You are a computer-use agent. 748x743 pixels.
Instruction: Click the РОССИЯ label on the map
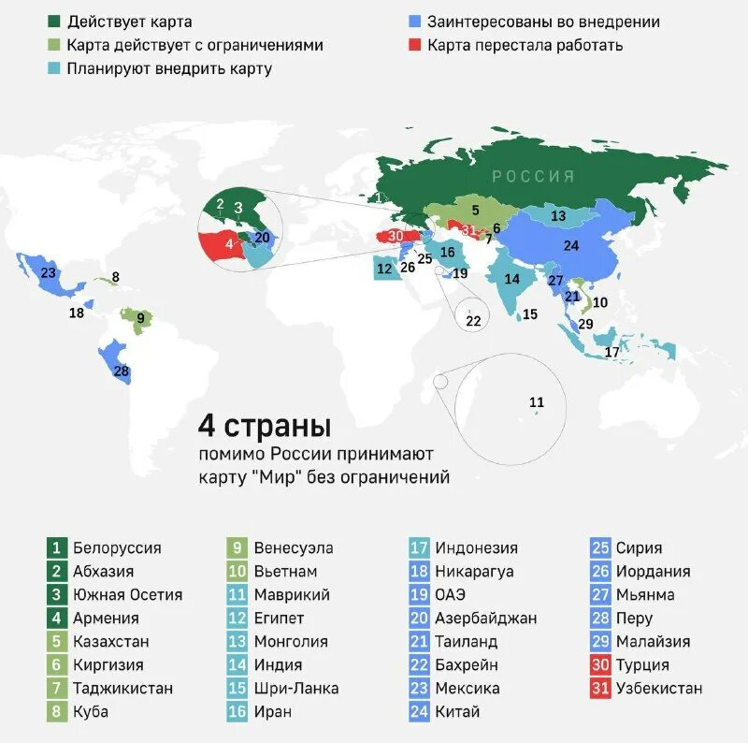click(534, 176)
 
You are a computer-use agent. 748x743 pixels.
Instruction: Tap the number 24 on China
click(571, 246)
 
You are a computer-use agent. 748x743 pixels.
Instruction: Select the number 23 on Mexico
click(49, 273)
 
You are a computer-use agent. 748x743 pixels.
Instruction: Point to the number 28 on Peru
click(121, 371)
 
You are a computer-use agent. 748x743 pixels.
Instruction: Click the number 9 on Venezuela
click(140, 318)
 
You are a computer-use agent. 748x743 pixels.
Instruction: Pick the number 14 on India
click(512, 279)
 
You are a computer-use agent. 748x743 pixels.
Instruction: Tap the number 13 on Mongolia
click(558, 216)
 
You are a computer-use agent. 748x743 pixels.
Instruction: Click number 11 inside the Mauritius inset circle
click(537, 402)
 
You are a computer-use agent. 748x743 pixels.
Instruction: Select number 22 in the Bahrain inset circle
click(473, 321)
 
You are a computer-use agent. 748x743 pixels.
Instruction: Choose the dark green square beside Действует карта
click(53, 22)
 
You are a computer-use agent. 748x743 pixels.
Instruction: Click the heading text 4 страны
click(264, 427)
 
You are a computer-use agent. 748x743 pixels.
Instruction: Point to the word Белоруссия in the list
click(117, 548)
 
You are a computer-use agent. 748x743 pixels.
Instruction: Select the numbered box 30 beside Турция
click(601, 665)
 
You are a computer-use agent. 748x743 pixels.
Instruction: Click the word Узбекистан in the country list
click(658, 689)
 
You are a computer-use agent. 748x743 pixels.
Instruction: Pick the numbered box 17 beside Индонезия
click(420, 548)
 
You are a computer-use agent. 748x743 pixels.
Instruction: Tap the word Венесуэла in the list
click(294, 548)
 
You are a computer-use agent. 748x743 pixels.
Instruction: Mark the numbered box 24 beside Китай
click(420, 712)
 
